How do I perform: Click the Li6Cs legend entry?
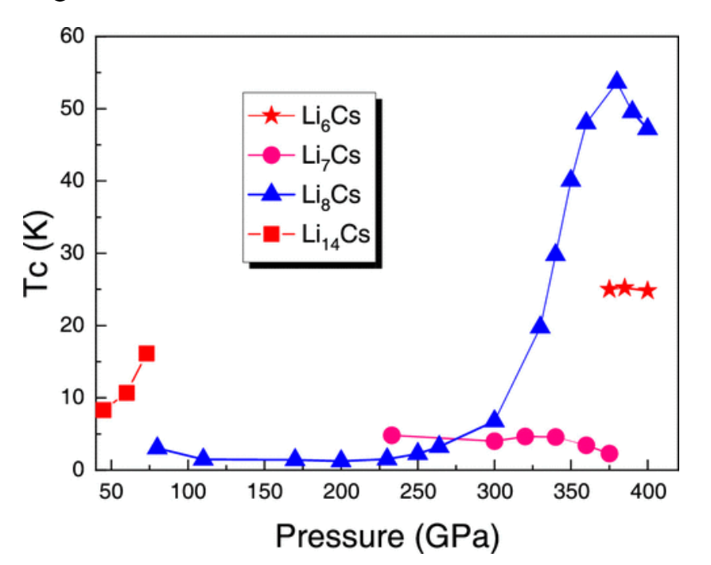310,116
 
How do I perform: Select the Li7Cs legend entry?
310,155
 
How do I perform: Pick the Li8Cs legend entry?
310,195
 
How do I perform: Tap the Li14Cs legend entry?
310,234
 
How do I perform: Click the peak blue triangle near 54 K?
617,81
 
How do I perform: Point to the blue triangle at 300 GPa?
494,420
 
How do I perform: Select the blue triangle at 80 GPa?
157,447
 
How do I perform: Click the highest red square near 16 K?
146,353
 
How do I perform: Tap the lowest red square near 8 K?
103,410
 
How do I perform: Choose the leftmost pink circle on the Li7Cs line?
391,434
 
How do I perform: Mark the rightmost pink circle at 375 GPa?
609,454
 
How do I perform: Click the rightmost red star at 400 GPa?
647,290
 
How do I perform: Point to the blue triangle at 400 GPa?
648,127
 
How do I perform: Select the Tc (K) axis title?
37,253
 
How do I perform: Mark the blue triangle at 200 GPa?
341,459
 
